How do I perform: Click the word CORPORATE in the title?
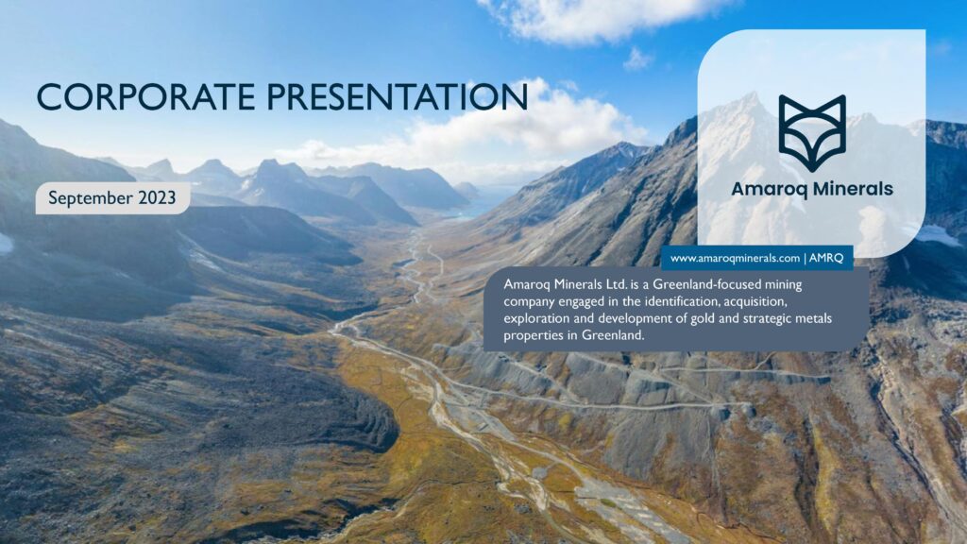(145, 97)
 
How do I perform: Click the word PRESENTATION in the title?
(398, 97)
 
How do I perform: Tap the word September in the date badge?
(90, 198)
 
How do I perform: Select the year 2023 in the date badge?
(157, 198)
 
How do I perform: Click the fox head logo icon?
(811, 133)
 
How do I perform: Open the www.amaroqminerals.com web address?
(735, 259)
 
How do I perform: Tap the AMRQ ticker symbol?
(825, 258)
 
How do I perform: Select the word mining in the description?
(783, 285)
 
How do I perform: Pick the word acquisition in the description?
(755, 302)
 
